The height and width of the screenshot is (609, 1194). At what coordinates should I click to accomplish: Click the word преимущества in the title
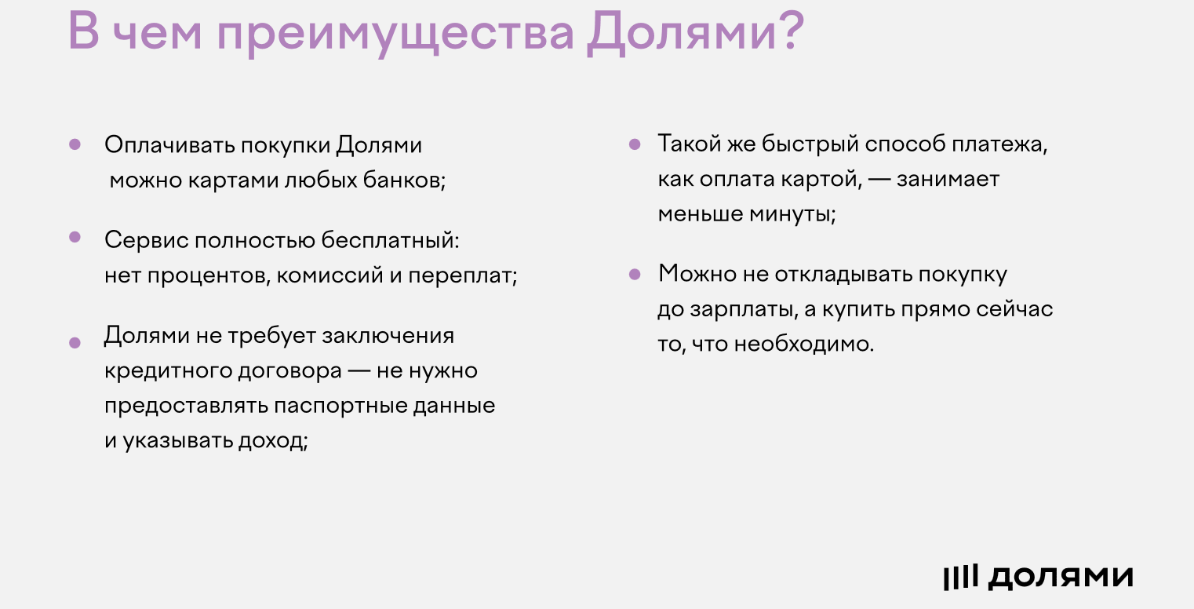point(395,33)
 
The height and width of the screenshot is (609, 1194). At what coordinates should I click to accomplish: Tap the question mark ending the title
point(791,31)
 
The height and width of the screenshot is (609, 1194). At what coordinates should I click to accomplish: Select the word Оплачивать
point(169,145)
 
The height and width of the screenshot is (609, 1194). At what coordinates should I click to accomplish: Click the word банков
point(404,180)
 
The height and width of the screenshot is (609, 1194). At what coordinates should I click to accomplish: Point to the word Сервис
point(147,240)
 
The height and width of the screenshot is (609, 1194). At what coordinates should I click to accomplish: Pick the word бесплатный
point(390,240)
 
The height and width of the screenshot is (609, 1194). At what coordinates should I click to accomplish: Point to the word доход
point(273,441)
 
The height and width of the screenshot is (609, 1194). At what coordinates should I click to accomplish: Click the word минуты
point(792,213)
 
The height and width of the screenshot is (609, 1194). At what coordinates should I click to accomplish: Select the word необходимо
point(804,344)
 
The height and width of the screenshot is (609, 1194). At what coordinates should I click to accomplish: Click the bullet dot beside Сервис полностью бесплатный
point(75,237)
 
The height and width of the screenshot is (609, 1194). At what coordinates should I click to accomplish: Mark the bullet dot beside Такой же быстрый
point(635,144)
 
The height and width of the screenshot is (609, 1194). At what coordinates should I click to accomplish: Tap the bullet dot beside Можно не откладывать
point(635,274)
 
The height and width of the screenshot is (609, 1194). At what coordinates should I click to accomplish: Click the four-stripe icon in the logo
point(961,577)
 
